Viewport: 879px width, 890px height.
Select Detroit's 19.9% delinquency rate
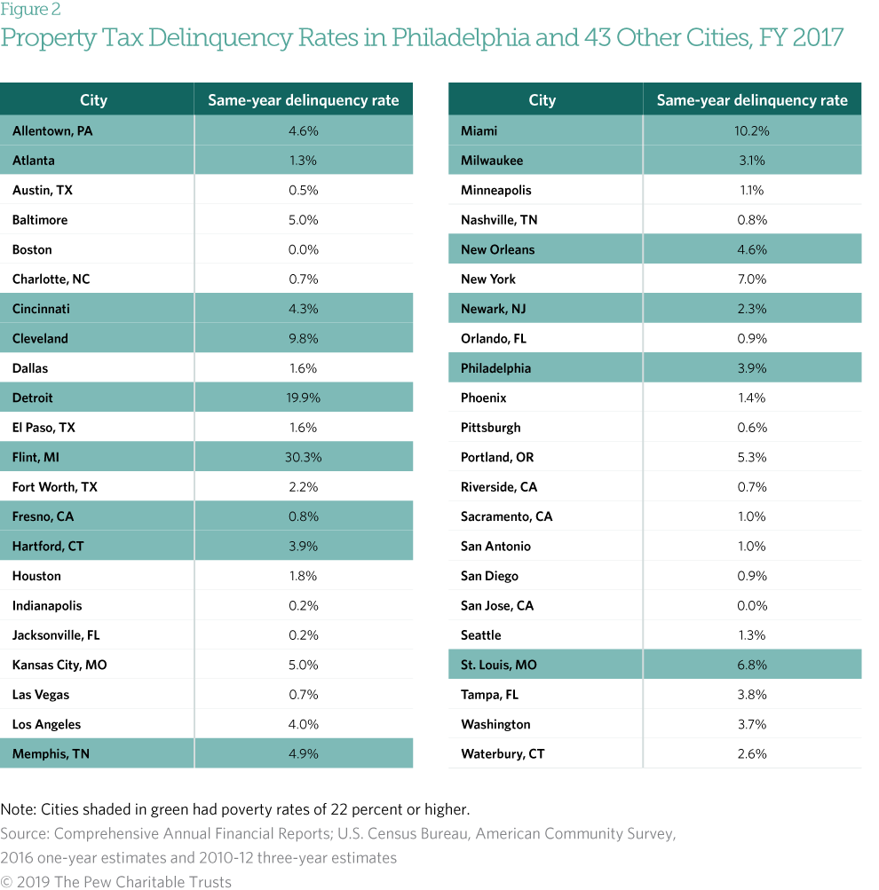pyautogui.click(x=303, y=398)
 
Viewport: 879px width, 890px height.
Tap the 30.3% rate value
pyautogui.click(x=303, y=457)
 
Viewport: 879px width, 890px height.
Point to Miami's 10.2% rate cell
pyautogui.click(x=751, y=130)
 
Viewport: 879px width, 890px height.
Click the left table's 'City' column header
pyautogui.click(x=93, y=100)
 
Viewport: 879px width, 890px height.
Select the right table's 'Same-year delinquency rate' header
pyautogui.click(x=751, y=100)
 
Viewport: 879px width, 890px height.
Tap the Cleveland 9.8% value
pyautogui.click(x=303, y=338)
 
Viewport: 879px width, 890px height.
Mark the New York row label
pyautogui.click(x=488, y=279)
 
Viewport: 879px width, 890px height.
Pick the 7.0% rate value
pyautogui.click(x=751, y=279)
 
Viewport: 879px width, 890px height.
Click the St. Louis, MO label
pyautogui.click(x=499, y=665)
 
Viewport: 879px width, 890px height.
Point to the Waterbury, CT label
pyautogui.click(x=503, y=753)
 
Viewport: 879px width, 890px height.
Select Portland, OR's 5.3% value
pyautogui.click(x=751, y=457)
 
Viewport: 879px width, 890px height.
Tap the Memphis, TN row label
pyautogui.click(x=51, y=753)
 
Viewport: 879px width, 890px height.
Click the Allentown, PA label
pyautogui.click(x=52, y=130)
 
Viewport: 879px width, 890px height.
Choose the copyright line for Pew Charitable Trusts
pyautogui.click(x=116, y=881)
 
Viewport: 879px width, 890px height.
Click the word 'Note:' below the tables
pyautogui.click(x=19, y=809)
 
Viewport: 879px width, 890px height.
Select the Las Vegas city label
pyautogui.click(x=41, y=694)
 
